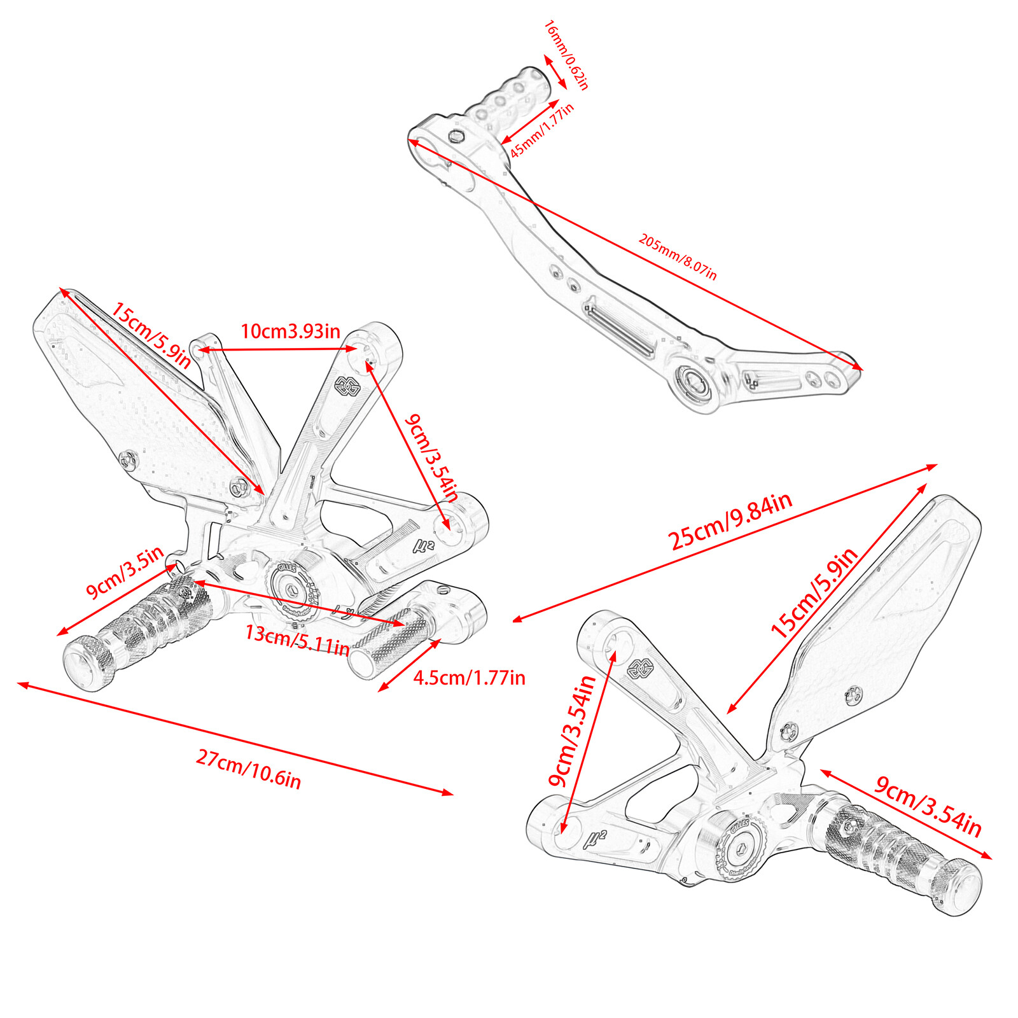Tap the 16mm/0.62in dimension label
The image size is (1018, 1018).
pyautogui.click(x=566, y=55)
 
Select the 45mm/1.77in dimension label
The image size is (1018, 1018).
pyautogui.click(x=542, y=130)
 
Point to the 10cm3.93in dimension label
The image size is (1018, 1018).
pyautogui.click(x=290, y=331)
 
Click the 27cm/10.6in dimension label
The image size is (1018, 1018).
pyautogui.click(x=248, y=769)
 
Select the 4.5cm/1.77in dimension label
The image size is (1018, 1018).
pyautogui.click(x=470, y=678)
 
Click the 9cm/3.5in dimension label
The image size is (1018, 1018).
pyautogui.click(x=125, y=572)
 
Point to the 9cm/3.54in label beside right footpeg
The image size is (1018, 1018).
pyautogui.click(x=928, y=805)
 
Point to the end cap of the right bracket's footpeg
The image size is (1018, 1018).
pyautogui.click(x=958, y=886)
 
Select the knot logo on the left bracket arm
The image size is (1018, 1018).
pyautogui.click(x=348, y=386)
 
